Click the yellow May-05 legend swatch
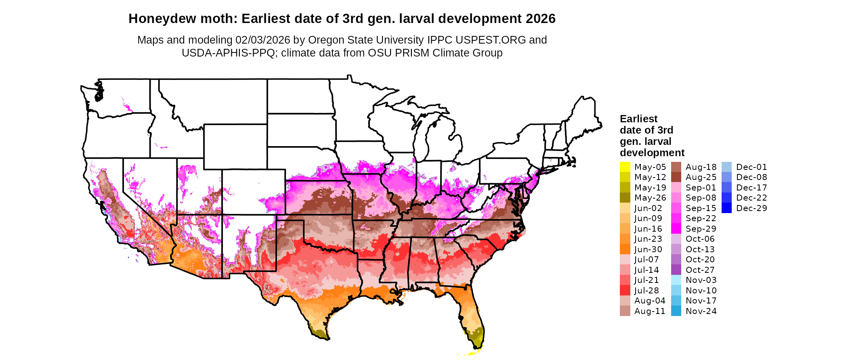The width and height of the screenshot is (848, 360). click(x=625, y=167)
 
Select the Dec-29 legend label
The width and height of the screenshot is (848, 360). click(x=751, y=208)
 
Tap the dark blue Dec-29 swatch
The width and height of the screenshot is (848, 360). click(x=726, y=208)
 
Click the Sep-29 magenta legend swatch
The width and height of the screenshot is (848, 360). click(x=676, y=229)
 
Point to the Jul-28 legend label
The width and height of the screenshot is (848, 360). click(x=646, y=291)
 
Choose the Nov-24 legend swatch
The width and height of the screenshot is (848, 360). click(x=676, y=311)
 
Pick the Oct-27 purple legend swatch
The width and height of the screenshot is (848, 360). click(x=676, y=270)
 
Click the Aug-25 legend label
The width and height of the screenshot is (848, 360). click(x=701, y=177)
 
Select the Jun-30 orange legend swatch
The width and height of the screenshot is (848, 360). click(x=625, y=249)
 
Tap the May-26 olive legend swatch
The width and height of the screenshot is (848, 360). click(x=625, y=198)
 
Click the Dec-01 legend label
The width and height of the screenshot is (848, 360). click(x=751, y=167)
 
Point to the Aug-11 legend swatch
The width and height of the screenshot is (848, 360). click(x=625, y=311)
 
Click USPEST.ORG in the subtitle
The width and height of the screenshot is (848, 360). click(x=491, y=40)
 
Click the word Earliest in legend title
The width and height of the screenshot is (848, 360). click(x=638, y=119)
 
